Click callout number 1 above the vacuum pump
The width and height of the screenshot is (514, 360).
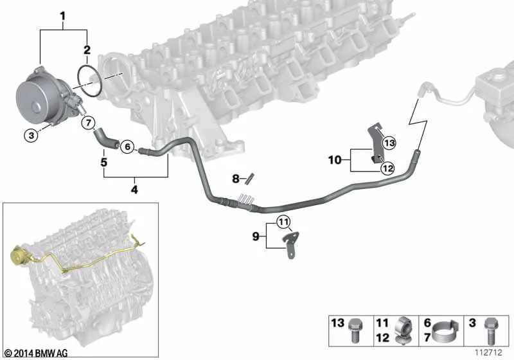click(x=62, y=14)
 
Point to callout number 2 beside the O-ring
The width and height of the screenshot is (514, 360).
click(x=85, y=49)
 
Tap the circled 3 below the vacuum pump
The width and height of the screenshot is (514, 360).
click(x=30, y=135)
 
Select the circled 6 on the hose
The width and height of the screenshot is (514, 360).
click(x=127, y=147)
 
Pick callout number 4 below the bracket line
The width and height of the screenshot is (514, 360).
click(x=134, y=190)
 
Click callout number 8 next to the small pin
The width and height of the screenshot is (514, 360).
click(x=235, y=177)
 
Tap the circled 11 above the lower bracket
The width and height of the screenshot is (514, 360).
click(x=283, y=223)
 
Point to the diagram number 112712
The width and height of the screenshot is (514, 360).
click(x=489, y=353)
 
